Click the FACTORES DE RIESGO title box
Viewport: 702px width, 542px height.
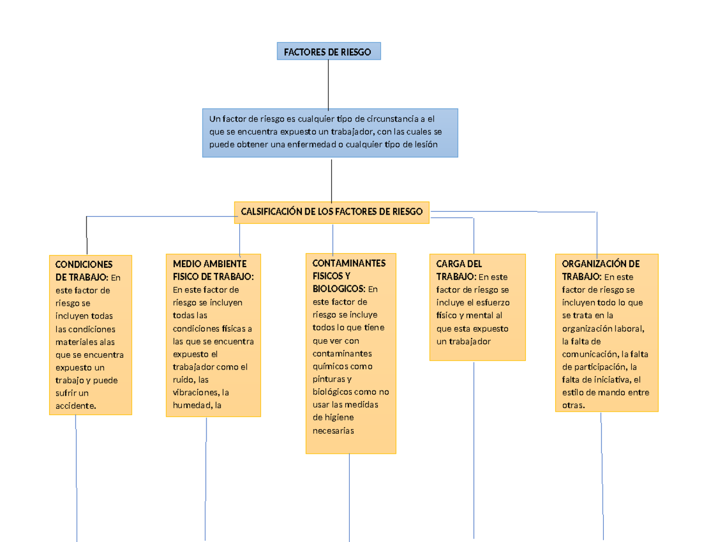(x=328, y=52)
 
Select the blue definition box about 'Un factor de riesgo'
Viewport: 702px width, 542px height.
(x=330, y=133)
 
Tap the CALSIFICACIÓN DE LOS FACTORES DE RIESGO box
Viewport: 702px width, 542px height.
(x=332, y=212)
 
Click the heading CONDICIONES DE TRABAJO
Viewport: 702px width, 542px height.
(x=82, y=270)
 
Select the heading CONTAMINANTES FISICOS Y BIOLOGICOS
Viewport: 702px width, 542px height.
(x=349, y=275)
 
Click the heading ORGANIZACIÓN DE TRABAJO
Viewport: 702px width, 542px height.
(x=600, y=270)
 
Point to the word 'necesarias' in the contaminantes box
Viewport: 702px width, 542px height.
(x=333, y=430)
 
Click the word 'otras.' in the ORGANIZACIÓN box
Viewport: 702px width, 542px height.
(x=573, y=405)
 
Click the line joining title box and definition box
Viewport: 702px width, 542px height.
(x=328, y=84)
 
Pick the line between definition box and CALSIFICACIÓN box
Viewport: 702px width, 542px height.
(x=332, y=180)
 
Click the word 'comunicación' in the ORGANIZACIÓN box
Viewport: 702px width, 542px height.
(x=590, y=354)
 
